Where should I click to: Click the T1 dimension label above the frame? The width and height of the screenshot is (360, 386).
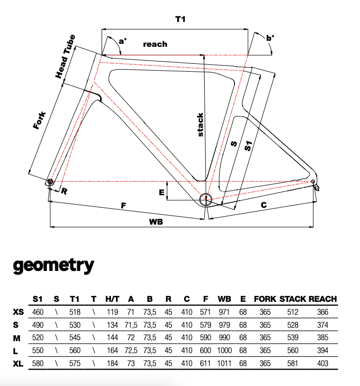(180, 19)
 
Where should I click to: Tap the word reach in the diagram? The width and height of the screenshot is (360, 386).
(155, 44)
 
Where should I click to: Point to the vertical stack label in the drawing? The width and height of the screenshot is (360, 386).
(200, 124)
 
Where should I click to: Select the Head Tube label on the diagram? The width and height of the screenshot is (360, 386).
(65, 56)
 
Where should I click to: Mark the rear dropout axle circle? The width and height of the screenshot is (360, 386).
(313, 181)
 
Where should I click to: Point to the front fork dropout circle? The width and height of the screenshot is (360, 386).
(50, 182)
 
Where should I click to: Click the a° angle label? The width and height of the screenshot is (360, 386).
(122, 42)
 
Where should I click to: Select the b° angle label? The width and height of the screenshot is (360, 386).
(270, 38)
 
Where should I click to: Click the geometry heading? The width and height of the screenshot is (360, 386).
(53, 265)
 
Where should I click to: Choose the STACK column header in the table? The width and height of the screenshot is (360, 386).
(292, 299)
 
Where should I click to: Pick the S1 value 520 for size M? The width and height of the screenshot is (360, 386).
(37, 337)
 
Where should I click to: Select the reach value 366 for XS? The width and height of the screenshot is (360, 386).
(323, 312)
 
